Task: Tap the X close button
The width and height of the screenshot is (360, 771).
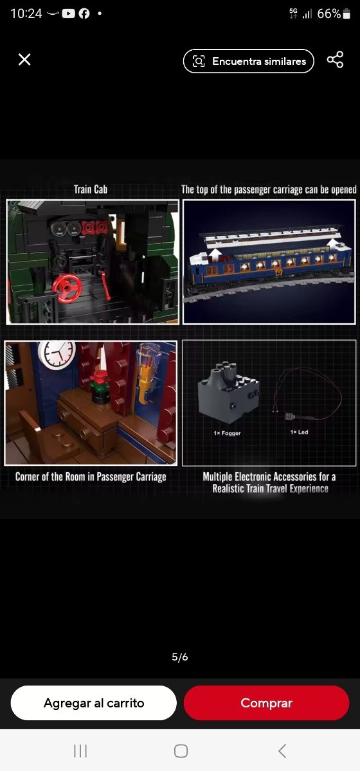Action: pyautogui.click(x=24, y=60)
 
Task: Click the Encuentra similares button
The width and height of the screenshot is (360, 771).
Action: pyautogui.click(x=248, y=61)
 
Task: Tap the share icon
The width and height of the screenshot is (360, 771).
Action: pyautogui.click(x=335, y=60)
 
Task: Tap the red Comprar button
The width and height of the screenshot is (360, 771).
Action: pyautogui.click(x=266, y=703)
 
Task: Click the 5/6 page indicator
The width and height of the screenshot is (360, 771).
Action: pyautogui.click(x=180, y=657)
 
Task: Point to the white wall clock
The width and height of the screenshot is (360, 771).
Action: pyautogui.click(x=57, y=355)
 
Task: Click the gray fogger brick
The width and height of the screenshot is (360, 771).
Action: pyautogui.click(x=228, y=392)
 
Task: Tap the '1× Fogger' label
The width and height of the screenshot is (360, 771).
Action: pyautogui.click(x=227, y=433)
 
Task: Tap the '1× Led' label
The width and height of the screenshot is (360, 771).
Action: pyautogui.click(x=299, y=432)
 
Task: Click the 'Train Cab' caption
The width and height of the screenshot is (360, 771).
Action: pyautogui.click(x=91, y=190)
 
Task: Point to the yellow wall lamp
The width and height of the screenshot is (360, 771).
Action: pyautogui.click(x=147, y=372)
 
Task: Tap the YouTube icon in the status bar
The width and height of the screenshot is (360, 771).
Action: pyautogui.click(x=68, y=13)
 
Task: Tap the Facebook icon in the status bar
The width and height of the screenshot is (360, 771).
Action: pyautogui.click(x=84, y=13)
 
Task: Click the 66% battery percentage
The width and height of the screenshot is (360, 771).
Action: pyautogui.click(x=329, y=13)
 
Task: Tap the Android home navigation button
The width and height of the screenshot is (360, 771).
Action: pyautogui.click(x=181, y=751)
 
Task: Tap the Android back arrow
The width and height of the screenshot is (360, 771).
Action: pyautogui.click(x=282, y=751)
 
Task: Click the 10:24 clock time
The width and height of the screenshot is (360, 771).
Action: pyautogui.click(x=26, y=13)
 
